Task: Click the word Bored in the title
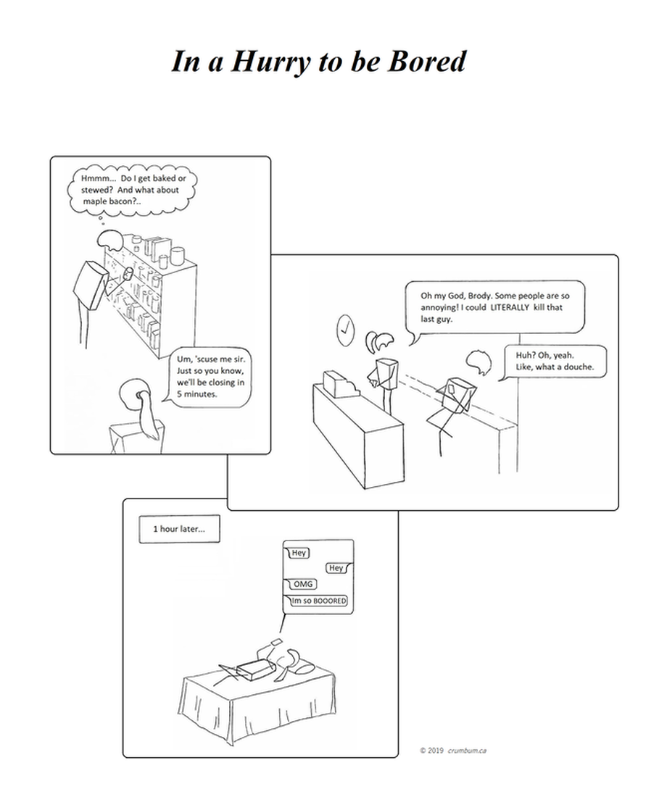427,62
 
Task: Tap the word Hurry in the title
270,62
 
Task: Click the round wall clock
345,330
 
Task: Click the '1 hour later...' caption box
180,529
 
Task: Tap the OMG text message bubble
302,584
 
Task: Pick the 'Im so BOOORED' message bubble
317,601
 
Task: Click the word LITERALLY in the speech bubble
510,307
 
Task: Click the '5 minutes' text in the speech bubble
196,394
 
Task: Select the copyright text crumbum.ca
467,750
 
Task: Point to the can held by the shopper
128,275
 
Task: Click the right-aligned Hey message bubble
337,568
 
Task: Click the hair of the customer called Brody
478,362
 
